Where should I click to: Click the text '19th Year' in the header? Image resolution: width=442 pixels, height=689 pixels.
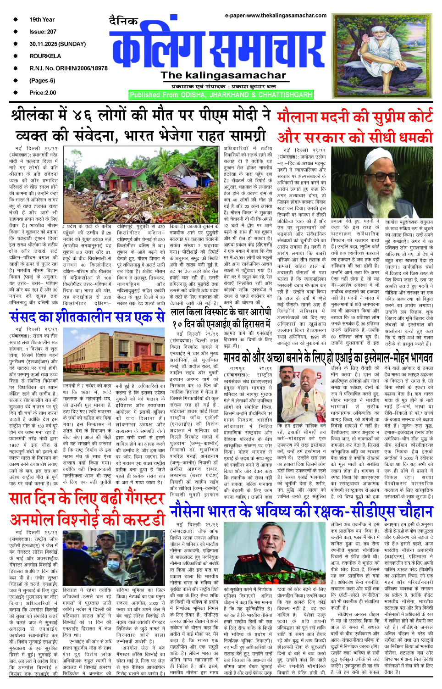(x=42, y=20)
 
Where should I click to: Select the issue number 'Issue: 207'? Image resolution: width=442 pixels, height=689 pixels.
(x=43, y=32)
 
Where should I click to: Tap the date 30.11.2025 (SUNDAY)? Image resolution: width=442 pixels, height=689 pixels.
(x=57, y=44)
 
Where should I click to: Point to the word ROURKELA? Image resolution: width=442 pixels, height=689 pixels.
(x=45, y=56)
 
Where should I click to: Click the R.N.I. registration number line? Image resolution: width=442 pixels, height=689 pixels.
(x=68, y=68)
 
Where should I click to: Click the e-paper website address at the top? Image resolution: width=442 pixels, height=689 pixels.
(x=276, y=15)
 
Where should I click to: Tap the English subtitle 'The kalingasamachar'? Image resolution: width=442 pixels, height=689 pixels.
(x=223, y=75)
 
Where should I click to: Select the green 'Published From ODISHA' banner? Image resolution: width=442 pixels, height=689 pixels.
(x=221, y=95)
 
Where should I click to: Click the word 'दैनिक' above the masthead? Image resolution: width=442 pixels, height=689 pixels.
(x=123, y=21)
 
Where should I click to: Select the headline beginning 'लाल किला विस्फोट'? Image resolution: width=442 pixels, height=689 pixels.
(x=221, y=312)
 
